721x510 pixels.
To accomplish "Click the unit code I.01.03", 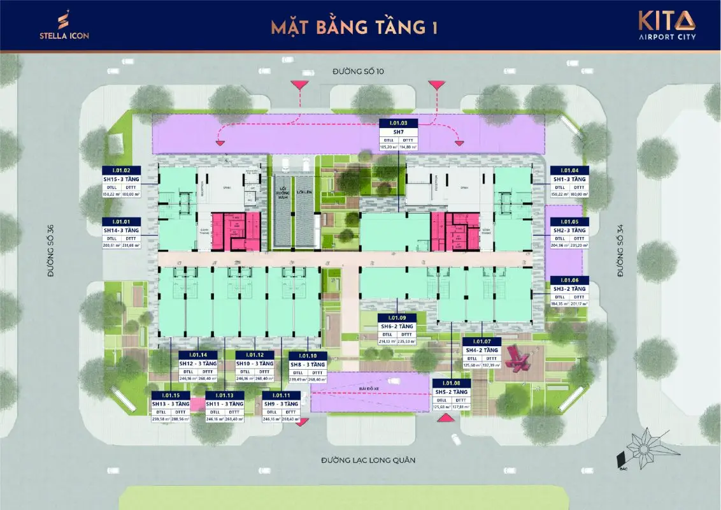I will pyautogui.click(x=398, y=122).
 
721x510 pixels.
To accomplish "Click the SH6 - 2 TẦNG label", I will pyautogui.click(x=397, y=326).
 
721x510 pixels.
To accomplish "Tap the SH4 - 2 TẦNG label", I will pyautogui.click(x=482, y=350).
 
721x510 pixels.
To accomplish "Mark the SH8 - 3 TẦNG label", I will pyautogui.click(x=308, y=364).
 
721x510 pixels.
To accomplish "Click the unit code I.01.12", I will pyautogui.click(x=255, y=355).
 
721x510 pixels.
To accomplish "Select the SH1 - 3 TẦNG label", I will pyautogui.click(x=569, y=179).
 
